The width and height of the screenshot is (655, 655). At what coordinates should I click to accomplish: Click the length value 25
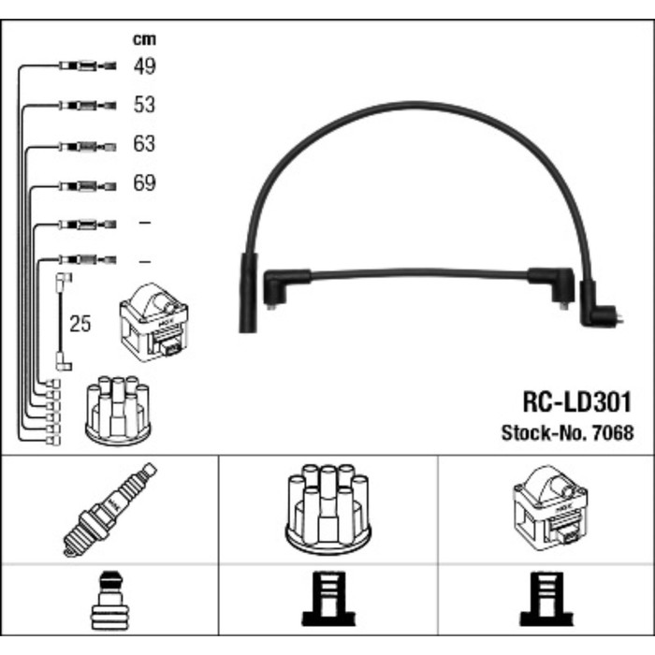81,325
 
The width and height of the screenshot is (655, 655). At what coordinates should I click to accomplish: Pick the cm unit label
143,39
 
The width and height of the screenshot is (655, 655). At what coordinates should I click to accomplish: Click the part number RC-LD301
576,403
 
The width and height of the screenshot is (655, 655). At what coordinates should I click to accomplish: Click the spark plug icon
109,509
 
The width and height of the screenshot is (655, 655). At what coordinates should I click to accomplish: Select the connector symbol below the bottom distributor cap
327,600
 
